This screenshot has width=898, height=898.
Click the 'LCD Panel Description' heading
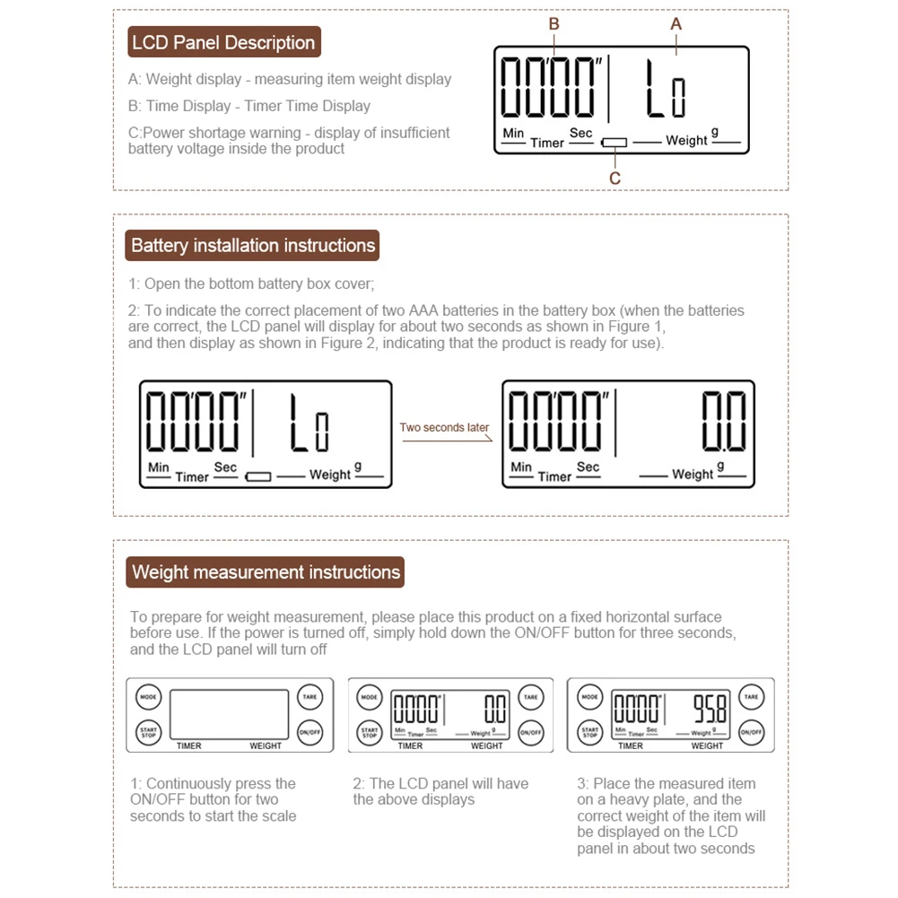[223, 42]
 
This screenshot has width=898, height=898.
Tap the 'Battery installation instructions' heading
[253, 245]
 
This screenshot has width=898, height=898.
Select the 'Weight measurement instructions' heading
[266, 572]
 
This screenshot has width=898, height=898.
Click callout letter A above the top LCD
[676, 25]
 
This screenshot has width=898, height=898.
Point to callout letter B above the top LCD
[554, 25]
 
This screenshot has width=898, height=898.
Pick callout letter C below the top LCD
[615, 179]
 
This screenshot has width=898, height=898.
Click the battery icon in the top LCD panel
[615, 143]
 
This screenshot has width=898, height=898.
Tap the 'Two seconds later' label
[445, 427]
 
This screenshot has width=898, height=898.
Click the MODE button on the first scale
[149, 696]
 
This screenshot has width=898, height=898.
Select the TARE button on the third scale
[751, 696]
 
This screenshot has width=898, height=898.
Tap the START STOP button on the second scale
[370, 732]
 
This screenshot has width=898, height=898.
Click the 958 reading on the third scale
[709, 711]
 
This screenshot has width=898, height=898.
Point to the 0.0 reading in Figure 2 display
[723, 422]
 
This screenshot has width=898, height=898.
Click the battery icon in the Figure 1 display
[258, 476]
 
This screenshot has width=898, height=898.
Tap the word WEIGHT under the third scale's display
[707, 745]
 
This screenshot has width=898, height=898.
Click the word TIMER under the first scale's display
[189, 745]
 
